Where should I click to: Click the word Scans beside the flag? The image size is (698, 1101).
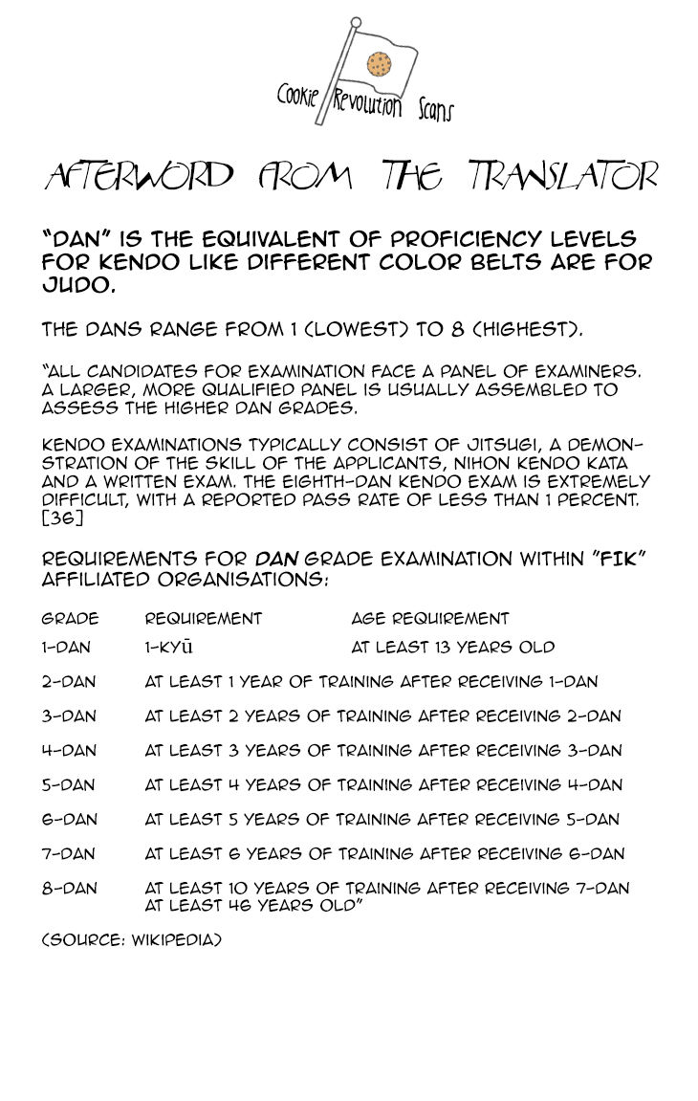[x=435, y=108]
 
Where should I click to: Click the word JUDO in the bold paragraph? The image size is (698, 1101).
[x=73, y=285]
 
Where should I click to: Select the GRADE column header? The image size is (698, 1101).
[x=70, y=619]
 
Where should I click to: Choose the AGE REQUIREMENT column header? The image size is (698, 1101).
[x=430, y=619]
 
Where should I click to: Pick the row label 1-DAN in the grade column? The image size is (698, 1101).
[x=68, y=648]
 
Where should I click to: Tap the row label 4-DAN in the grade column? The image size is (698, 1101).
[x=69, y=751]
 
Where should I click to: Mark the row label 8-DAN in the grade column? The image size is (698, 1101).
[x=69, y=889]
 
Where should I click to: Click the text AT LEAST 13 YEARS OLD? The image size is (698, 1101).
[x=453, y=648]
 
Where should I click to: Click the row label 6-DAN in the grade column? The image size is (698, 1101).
[x=69, y=820]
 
